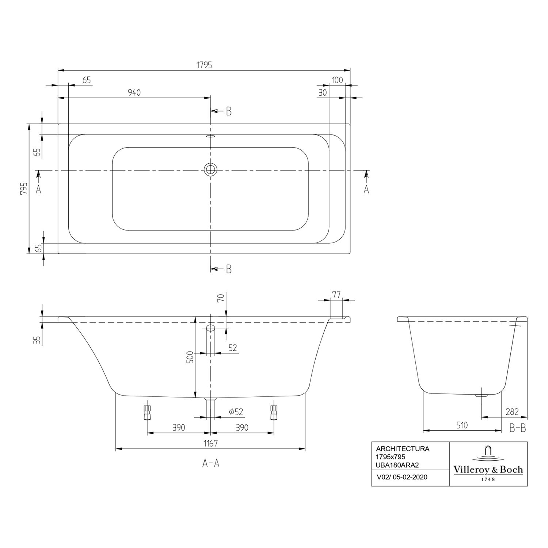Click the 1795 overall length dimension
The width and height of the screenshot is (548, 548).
coord(204,65)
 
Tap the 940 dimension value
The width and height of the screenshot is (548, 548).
coord(134,93)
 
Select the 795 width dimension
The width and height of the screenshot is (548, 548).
coord(24,189)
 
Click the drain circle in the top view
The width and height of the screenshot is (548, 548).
coord(210,169)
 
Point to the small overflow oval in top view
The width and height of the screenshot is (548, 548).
coord(211,137)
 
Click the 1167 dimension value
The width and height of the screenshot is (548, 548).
coord(210,443)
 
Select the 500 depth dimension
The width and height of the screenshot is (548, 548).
coord(189,357)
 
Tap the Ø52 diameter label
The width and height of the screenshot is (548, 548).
coord(236,412)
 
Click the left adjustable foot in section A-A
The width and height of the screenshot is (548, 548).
coord(147,412)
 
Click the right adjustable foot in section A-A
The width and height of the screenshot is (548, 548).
coord(273,412)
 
